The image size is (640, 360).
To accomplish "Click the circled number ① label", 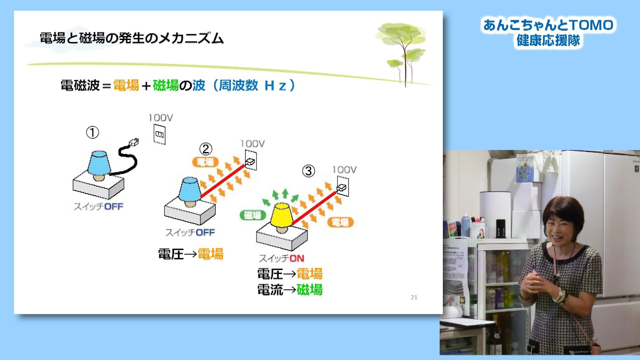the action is click(x=93, y=133).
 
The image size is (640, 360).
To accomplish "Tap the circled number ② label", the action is click(x=206, y=149).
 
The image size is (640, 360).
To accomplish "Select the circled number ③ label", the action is click(x=308, y=171).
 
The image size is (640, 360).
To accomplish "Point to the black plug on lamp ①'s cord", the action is click(x=133, y=143).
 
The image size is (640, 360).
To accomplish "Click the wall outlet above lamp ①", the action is click(x=159, y=134).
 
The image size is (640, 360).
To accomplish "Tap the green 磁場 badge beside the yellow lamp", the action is click(x=253, y=215).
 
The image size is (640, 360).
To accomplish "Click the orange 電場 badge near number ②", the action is click(x=205, y=162).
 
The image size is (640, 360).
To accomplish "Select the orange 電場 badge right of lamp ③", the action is click(x=340, y=222).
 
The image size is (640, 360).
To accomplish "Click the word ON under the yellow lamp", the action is click(x=297, y=258).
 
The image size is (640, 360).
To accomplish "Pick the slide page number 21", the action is click(x=414, y=297).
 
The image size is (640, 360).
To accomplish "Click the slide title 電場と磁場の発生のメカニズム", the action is click(x=132, y=38).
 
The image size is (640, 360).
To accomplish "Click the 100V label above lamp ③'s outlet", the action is click(x=344, y=170).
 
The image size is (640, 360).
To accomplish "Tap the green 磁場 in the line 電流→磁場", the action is click(x=310, y=289).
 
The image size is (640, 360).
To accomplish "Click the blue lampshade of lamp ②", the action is click(x=190, y=189).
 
